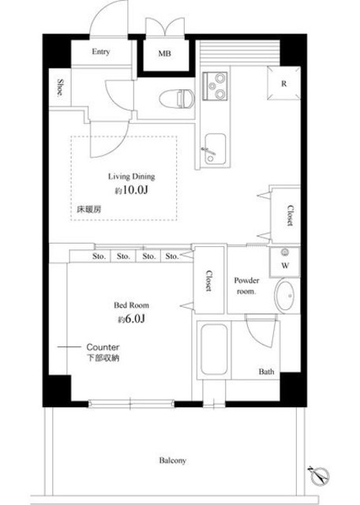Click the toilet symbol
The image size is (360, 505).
pyautogui.click(x=177, y=98)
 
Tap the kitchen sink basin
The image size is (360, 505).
pyautogui.click(x=216, y=149)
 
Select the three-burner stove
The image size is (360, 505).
pyautogui.click(x=215, y=86)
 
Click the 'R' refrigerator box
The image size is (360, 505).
pyautogui.click(x=284, y=83)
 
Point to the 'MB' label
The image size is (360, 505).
pyautogui.click(x=164, y=54)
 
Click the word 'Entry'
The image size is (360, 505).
pyautogui.click(x=101, y=51)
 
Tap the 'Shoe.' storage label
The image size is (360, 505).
pyautogui.click(x=60, y=88)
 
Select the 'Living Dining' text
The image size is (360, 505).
pyautogui.click(x=131, y=177)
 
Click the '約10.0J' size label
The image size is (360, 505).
pyautogui.click(x=132, y=190)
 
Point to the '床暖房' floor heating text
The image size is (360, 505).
pyautogui.click(x=89, y=209)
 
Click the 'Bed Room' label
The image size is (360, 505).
pyautogui.click(x=131, y=305)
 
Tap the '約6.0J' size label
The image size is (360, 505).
pyautogui.click(x=131, y=319)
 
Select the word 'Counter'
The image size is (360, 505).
pyautogui.click(x=103, y=347)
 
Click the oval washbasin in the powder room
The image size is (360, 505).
pyautogui.click(x=284, y=296)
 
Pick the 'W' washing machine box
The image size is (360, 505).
pyautogui.click(x=285, y=262)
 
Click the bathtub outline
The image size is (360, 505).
pyautogui.click(x=214, y=350)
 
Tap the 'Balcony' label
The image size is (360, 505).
pyautogui.click(x=172, y=461)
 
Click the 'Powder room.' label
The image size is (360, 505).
pyautogui.click(x=246, y=286)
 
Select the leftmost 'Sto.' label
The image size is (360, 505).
pyautogui.click(x=99, y=256)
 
